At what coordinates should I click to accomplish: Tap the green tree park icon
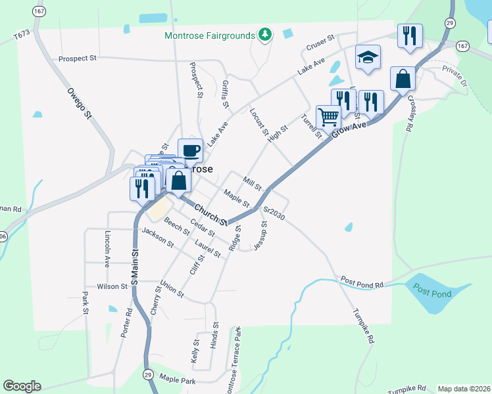click(x=264, y=34)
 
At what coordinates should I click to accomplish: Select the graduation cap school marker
click(x=368, y=58)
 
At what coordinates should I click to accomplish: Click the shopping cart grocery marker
click(x=328, y=118)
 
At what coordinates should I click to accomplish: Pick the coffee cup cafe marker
click(x=190, y=151)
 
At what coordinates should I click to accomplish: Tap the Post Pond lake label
click(x=433, y=294)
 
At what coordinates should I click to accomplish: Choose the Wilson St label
click(x=112, y=287)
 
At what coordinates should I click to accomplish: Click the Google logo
click(x=22, y=386)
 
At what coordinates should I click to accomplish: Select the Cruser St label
click(x=320, y=47)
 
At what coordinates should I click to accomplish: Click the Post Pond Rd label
click(x=362, y=282)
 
